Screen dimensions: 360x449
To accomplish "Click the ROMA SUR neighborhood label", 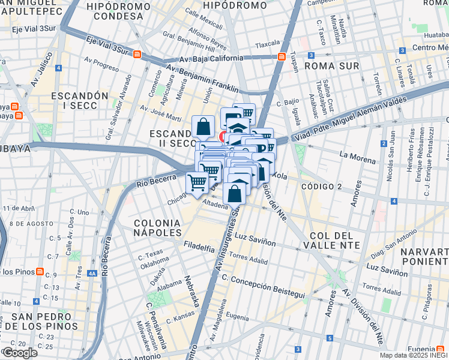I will (x=331, y=65).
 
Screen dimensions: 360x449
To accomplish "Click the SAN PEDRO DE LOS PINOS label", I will (x=45, y=320).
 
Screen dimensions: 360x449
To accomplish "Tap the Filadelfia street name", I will (x=199, y=247).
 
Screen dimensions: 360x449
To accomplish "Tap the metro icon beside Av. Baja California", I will (x=282, y=56).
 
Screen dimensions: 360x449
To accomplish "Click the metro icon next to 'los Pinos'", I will (x=40, y=272).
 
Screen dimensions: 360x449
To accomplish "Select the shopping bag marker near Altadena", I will (x=235, y=193).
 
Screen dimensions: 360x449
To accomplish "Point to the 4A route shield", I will (x=91, y=273).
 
